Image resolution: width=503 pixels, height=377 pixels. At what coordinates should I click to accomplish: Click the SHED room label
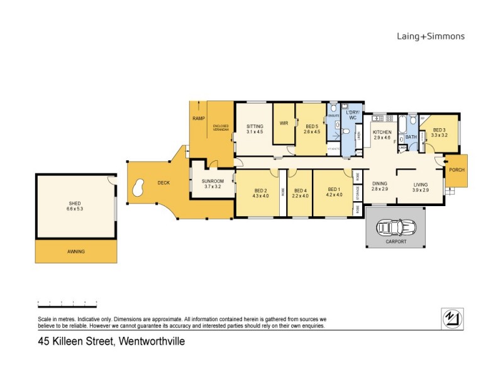click(x=75, y=204)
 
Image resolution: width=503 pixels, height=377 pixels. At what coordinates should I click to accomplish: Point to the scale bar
click(x=67, y=303)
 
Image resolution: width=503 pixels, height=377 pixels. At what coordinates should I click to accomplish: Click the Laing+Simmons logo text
click(x=431, y=36)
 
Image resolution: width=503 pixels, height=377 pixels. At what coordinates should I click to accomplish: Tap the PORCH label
click(x=456, y=170)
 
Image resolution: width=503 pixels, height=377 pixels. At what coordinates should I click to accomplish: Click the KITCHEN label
click(x=382, y=133)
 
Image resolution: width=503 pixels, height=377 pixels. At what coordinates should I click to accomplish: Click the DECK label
click(x=163, y=183)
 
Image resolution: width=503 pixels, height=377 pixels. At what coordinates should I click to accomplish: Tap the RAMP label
click(x=199, y=119)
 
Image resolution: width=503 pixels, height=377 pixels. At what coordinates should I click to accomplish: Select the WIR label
click(x=284, y=123)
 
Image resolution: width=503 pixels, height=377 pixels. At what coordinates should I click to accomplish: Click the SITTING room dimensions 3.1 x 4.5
click(x=255, y=132)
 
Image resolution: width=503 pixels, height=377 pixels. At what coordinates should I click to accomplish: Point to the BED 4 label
click(x=300, y=190)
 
